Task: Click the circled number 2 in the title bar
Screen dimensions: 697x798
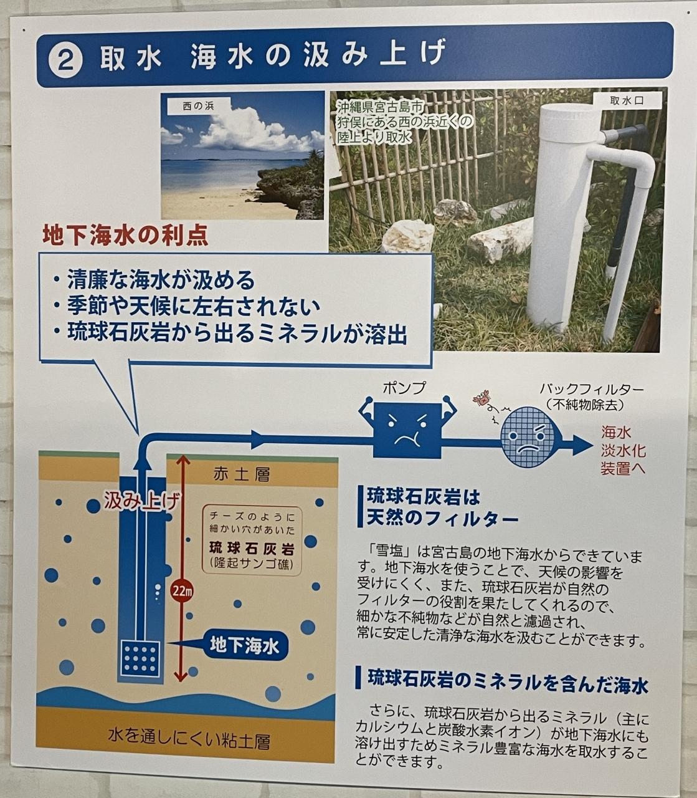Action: click(65, 62)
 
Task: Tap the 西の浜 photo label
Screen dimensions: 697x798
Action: click(198, 106)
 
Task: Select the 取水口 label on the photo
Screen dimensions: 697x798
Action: click(627, 100)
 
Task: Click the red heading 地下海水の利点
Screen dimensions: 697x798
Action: click(125, 236)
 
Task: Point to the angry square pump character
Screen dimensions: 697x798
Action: click(407, 429)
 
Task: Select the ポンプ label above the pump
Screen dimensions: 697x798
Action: click(404, 388)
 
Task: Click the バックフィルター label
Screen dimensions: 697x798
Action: click(591, 389)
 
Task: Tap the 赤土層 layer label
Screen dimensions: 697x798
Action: click(242, 474)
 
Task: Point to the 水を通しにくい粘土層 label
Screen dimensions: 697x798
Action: click(189, 741)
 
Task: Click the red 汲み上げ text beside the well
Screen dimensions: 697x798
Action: click(143, 501)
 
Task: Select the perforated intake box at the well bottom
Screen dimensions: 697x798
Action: click(140, 659)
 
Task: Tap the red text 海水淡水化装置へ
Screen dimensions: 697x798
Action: click(623, 450)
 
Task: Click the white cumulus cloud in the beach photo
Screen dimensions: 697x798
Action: click(249, 128)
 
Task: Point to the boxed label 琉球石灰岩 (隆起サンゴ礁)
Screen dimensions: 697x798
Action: click(252, 541)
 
